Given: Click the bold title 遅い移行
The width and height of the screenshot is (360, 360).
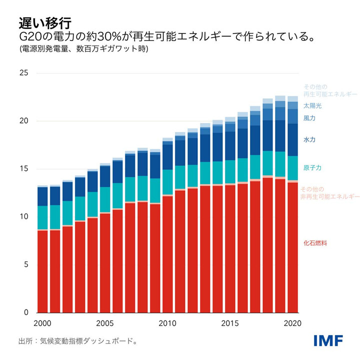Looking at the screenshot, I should [45, 23].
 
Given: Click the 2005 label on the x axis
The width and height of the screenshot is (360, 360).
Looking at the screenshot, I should [105, 323].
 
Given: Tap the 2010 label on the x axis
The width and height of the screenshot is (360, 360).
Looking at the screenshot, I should [167, 323].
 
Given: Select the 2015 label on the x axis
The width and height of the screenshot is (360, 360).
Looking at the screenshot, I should [230, 323].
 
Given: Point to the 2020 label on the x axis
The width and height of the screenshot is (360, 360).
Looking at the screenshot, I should [292, 323].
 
